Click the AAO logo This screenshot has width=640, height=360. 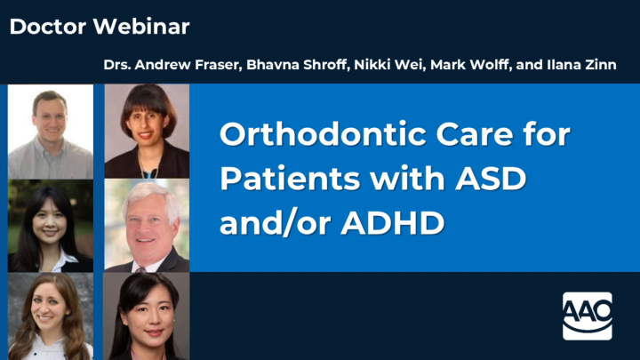click(x=587, y=316)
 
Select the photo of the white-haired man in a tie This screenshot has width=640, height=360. click(x=147, y=226)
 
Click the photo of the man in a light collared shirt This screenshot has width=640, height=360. click(x=51, y=131)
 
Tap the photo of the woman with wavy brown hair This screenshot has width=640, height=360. click(x=51, y=316)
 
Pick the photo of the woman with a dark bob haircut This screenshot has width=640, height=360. click(x=147, y=131)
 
